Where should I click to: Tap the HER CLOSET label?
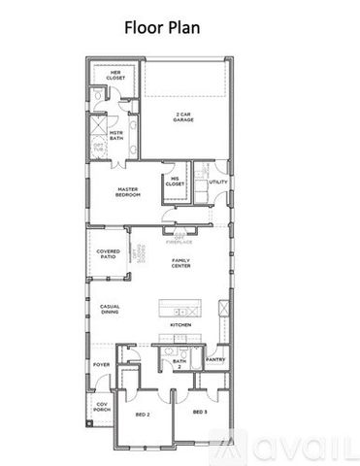click(x=114, y=76)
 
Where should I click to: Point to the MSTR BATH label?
click(x=115, y=135)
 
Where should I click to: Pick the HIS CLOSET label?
click(x=176, y=181)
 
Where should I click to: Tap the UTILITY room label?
click(x=218, y=183)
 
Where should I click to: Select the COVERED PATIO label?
click(x=108, y=253)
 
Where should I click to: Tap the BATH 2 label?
click(x=180, y=364)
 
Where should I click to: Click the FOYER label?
click(x=102, y=365)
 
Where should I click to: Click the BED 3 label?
click(x=199, y=413)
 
